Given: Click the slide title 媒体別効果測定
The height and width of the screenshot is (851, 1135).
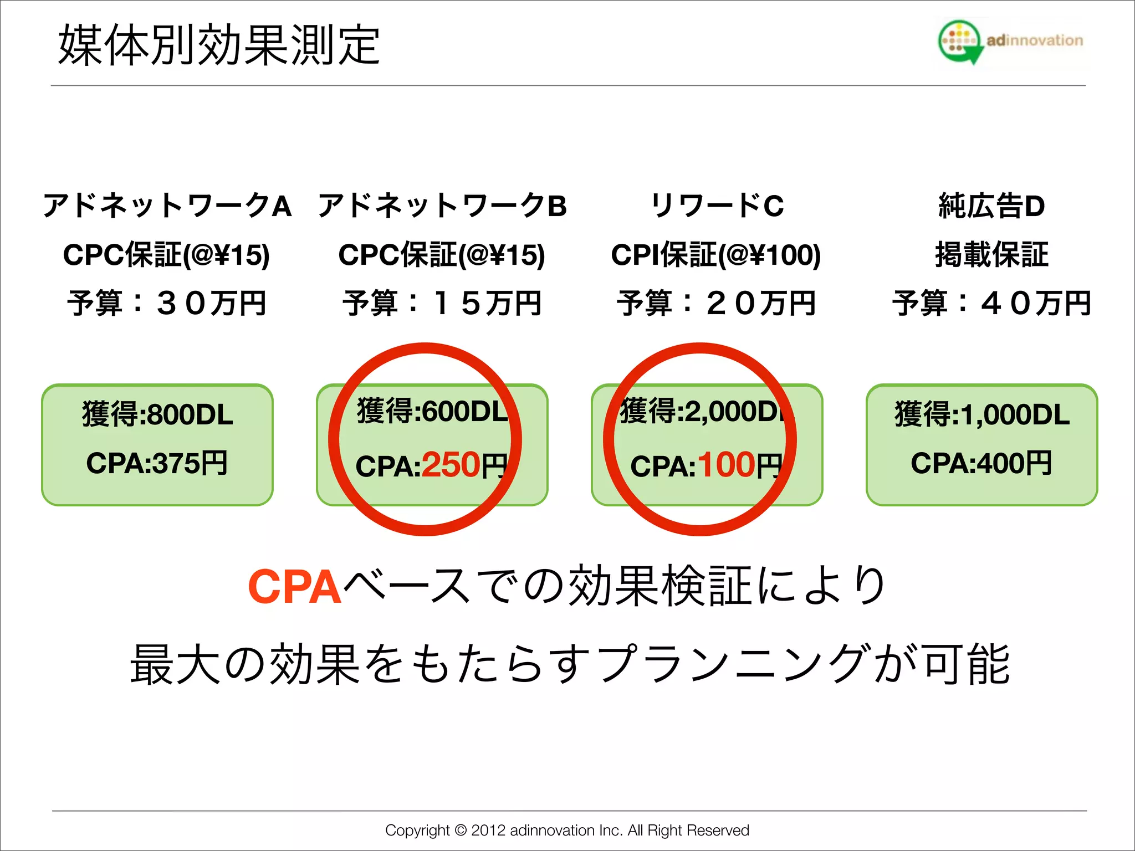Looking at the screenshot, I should point(219,45).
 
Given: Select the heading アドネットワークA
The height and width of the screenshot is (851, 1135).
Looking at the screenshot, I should point(167,206).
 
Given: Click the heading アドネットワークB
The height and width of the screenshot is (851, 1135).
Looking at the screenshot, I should point(442,206).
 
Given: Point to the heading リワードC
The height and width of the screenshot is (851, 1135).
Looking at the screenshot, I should point(717,206).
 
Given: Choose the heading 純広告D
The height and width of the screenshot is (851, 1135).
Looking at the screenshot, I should point(991,206).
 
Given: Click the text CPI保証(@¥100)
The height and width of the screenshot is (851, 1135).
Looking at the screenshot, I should point(715,255).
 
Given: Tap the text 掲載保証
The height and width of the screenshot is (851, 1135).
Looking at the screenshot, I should point(991,255).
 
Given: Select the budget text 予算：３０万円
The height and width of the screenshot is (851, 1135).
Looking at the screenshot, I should point(167,303).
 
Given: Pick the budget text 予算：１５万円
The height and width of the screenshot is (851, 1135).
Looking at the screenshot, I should point(442,303).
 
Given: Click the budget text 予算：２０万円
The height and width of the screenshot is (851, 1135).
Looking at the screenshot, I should point(716,303).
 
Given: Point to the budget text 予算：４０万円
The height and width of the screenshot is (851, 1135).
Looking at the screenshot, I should point(991,303).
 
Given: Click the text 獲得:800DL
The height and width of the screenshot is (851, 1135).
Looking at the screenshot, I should point(157,414).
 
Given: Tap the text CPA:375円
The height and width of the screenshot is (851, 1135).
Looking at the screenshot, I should point(157,463).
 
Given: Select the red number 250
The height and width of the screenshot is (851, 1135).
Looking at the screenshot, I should point(451,465).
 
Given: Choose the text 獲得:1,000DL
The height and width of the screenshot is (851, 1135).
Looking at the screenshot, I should point(982,414).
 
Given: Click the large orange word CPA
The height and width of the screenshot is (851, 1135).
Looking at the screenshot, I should point(294,587).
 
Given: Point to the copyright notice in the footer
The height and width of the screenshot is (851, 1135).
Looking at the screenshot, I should point(567,830).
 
